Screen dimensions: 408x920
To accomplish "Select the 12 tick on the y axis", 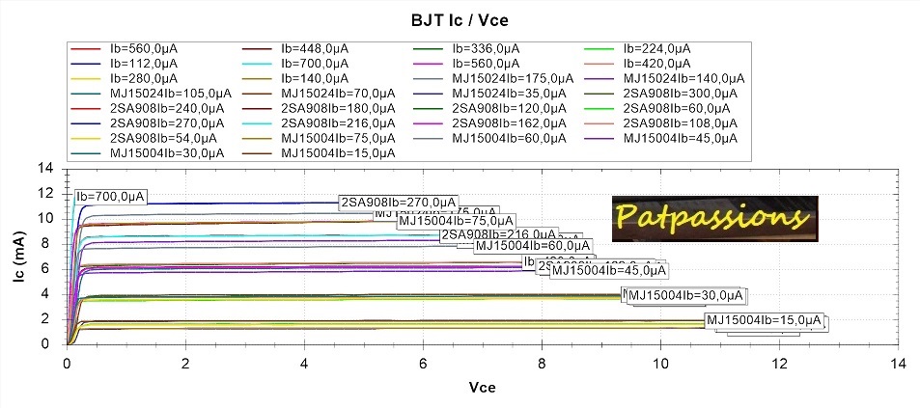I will tap(44, 193).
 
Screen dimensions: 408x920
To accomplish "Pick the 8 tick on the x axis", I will tap(542, 364).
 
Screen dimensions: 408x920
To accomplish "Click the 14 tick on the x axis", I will tap(898, 364).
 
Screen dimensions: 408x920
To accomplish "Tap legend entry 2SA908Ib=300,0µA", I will tap(680, 93).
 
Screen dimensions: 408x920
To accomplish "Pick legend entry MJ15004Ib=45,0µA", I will tap(680, 137).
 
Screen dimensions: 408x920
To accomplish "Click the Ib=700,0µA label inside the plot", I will tap(111, 197).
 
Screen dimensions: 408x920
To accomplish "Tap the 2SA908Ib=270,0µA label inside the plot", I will tap(398, 203).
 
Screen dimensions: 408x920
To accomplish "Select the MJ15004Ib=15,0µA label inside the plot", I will tap(765, 320).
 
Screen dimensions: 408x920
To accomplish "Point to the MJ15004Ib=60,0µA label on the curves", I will tap(533, 245).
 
